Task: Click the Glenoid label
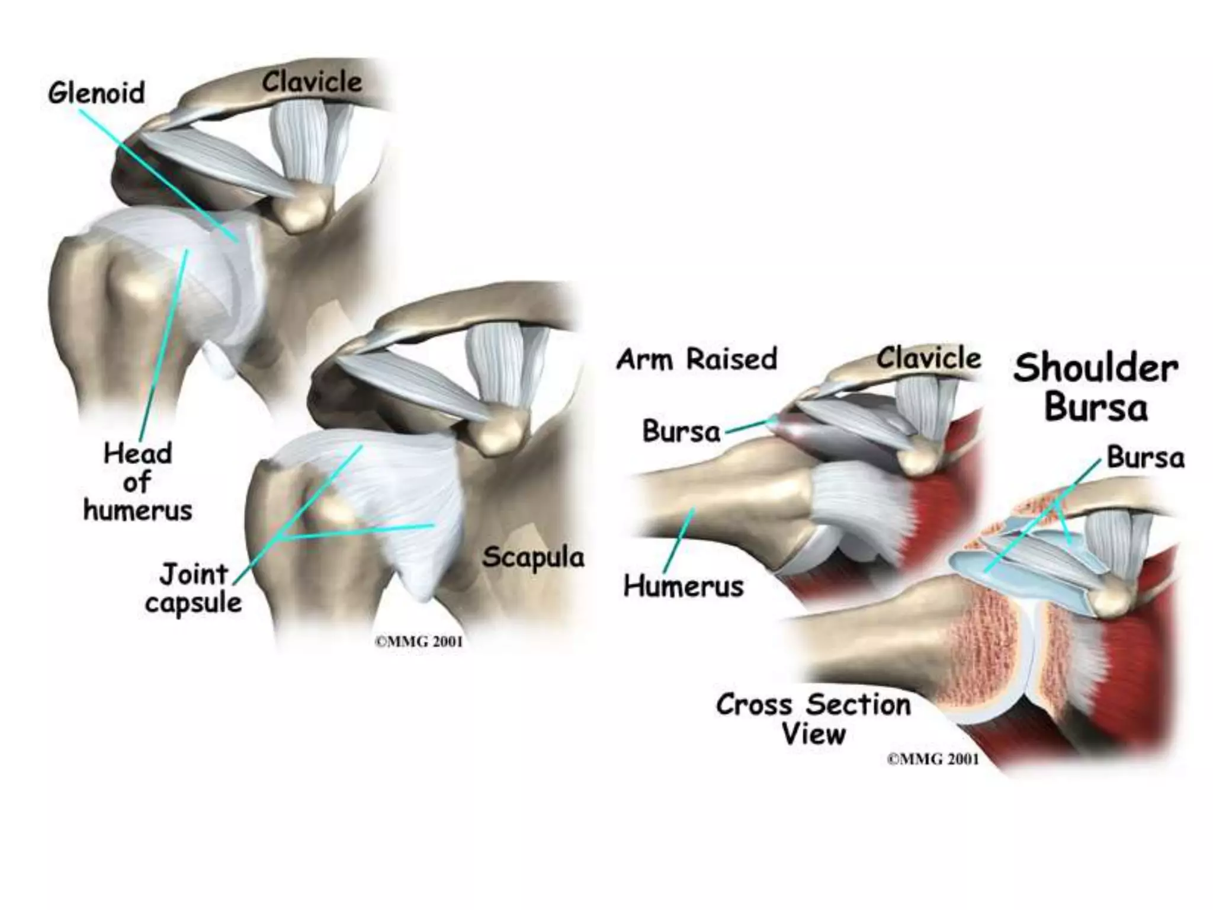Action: tap(96, 94)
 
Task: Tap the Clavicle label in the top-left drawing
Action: tap(312, 82)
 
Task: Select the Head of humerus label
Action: tap(137, 482)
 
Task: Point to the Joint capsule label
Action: tap(193, 588)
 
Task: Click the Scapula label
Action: tap(533, 557)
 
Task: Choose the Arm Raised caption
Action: tap(697, 359)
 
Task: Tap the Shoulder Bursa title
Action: tap(1096, 387)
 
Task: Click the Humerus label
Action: tap(683, 587)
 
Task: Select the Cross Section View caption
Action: tap(814, 719)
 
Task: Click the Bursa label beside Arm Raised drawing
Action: tap(681, 431)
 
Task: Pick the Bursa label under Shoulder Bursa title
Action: tap(1145, 457)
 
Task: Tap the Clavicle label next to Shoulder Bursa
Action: tap(929, 358)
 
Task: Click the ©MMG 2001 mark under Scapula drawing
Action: tap(419, 642)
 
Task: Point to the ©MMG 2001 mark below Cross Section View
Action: tap(933, 760)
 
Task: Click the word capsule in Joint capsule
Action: tap(193, 603)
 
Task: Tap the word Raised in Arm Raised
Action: tap(732, 359)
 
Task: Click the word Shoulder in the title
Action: tap(1096, 368)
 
